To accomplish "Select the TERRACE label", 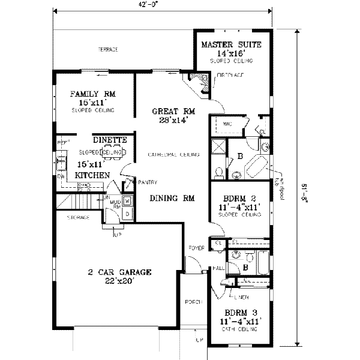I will [x=108, y=49].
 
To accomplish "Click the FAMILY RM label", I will [x=92, y=94].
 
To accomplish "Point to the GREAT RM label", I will [x=174, y=111].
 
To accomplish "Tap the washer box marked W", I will [x=127, y=201].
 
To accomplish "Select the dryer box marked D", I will [x=127, y=214].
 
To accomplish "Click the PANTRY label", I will [x=146, y=182].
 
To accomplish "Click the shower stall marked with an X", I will [x=217, y=146].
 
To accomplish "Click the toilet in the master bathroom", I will [x=220, y=172].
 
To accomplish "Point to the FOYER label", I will [x=197, y=247].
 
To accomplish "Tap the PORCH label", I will [x=193, y=302].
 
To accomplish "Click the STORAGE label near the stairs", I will [x=79, y=217].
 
